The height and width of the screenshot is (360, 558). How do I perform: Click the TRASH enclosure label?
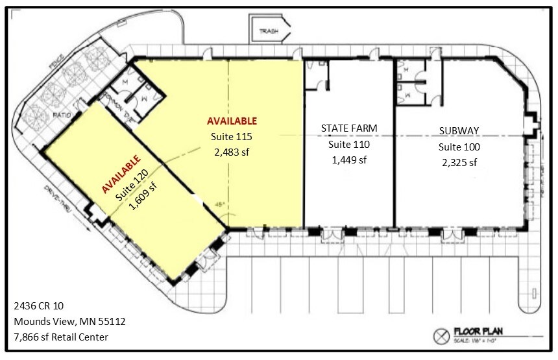(x=268, y=31)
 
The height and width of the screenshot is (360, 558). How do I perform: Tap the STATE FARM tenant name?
(x=349, y=128)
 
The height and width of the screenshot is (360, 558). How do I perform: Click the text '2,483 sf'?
(x=231, y=152)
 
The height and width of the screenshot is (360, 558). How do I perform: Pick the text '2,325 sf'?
(x=459, y=162)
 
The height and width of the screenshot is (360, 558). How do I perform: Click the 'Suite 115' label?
(x=231, y=137)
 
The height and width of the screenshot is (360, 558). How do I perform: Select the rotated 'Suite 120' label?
(x=134, y=184)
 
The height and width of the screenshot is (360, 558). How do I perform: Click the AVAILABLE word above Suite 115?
(x=232, y=121)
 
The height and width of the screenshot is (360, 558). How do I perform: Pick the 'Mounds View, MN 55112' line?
(x=60, y=321)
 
